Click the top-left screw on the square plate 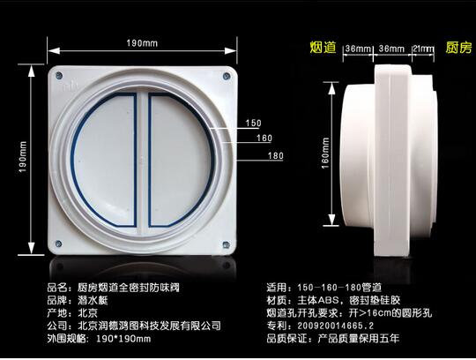(60, 75)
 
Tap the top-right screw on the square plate (227, 76)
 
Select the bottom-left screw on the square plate (58, 244)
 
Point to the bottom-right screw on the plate (226, 244)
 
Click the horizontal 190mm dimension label (142, 43)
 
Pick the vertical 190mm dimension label (23, 157)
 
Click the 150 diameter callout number (254, 123)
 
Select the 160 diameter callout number (264, 139)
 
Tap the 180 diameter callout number (276, 156)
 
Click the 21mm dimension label (423, 49)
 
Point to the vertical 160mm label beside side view (325, 154)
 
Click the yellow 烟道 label (323, 48)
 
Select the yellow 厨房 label (458, 48)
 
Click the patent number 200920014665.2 (336, 326)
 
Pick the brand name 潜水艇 (93, 301)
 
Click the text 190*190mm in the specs (123, 339)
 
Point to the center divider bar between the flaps (143, 161)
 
